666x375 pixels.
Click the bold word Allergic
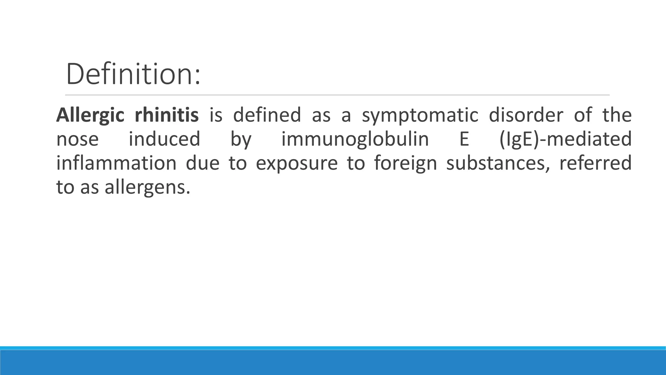coord(90,115)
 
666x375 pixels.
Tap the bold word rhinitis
coord(166,115)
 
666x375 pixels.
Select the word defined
coord(267,115)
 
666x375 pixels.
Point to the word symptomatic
coord(420,115)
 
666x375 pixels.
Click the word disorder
coord(526,115)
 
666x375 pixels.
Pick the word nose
coord(77,139)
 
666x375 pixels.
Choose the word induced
coord(165,139)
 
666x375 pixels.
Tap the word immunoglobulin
coord(355,139)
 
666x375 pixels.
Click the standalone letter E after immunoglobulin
coord(464,139)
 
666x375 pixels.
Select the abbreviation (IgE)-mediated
coord(565,139)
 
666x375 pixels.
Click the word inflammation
coord(116,163)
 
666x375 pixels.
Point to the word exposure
coord(297,164)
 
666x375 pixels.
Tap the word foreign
coord(405,164)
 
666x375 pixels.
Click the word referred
coord(595,163)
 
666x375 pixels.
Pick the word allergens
coord(147,188)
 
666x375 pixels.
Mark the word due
coord(203,163)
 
